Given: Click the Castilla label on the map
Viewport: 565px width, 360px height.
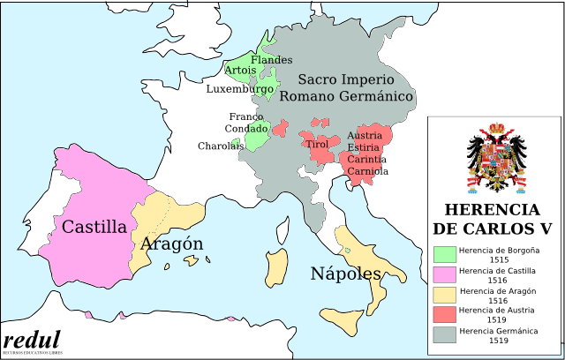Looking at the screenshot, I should coord(94,227).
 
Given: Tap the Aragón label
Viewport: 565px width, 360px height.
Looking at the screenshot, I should coord(171,244).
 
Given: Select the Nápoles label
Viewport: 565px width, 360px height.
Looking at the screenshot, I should coord(345,274).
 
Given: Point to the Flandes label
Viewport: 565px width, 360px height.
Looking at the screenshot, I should coord(271,60).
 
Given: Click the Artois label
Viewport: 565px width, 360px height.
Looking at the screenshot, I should coord(240,70).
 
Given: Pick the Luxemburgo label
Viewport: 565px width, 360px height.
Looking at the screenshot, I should coord(239,89).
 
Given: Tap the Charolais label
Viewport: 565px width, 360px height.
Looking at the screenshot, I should coord(220,146).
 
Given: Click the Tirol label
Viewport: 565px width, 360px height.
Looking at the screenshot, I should coord(316,144).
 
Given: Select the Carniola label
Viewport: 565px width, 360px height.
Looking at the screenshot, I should coord(367,171).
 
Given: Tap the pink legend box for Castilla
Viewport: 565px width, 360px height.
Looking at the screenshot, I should coord(445,275).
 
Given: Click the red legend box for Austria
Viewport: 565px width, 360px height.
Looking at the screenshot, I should coord(445,315).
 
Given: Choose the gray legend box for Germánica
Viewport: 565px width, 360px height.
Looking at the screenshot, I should coord(445,335).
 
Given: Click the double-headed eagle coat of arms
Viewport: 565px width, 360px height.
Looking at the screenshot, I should coord(495,159).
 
